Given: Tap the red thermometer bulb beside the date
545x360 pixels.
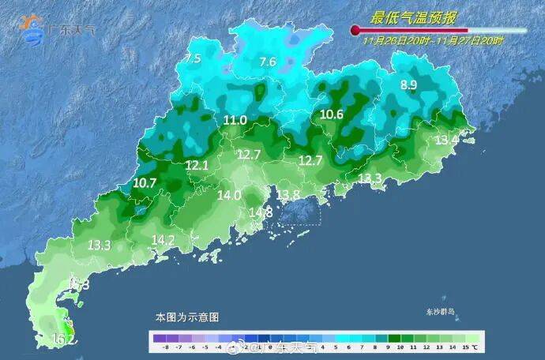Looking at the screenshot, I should (x=355, y=31).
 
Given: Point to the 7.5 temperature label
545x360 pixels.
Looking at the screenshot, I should (x=193, y=58).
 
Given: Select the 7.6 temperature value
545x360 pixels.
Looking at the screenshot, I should (x=268, y=62).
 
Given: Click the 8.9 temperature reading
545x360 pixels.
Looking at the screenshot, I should (x=408, y=85).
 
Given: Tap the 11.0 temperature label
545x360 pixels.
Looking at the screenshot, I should (x=235, y=120).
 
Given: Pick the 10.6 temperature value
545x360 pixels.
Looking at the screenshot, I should (x=332, y=114).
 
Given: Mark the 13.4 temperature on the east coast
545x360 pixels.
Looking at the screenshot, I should (x=447, y=140).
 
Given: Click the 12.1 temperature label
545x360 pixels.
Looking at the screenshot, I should (x=197, y=165).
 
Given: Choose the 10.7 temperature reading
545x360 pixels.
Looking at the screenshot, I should (x=145, y=182).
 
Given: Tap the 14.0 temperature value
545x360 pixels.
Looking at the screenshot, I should (x=229, y=195).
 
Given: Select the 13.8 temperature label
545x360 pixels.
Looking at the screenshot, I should (x=288, y=195).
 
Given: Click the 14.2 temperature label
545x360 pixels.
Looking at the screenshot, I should (x=163, y=239).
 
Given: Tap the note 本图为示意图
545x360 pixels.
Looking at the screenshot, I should (x=187, y=317).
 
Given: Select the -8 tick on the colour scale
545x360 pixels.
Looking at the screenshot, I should (x=164, y=347).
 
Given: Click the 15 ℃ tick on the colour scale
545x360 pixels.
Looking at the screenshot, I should (x=469, y=347).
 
